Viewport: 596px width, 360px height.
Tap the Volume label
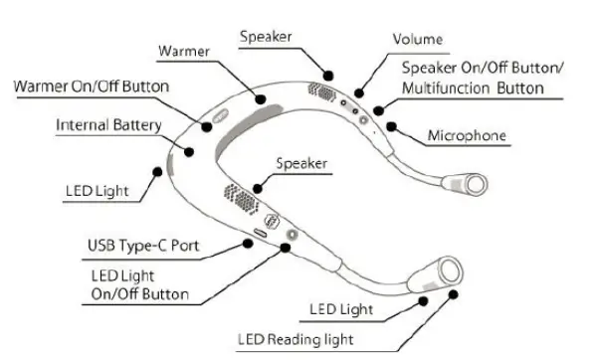coord(417,40)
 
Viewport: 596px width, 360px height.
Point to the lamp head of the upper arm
coord(472,182)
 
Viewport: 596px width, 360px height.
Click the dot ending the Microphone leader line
coord(396,125)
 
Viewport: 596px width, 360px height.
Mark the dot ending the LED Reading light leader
coord(454,295)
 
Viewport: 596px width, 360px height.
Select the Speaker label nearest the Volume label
coord(265,37)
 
